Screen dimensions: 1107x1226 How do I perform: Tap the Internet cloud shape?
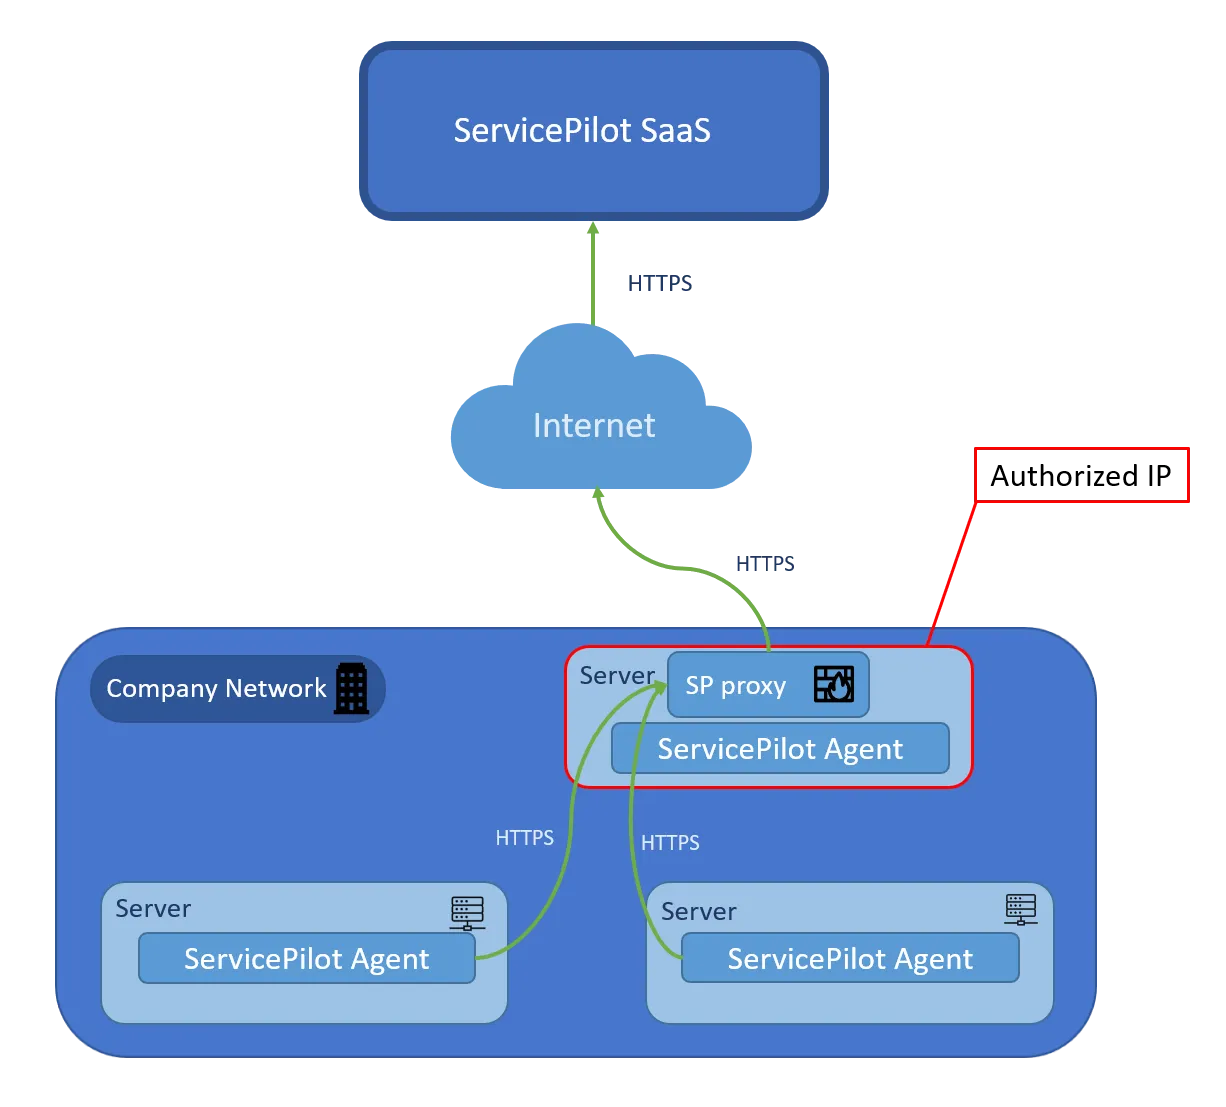(596, 425)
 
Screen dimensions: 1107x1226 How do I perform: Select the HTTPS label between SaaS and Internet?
(659, 284)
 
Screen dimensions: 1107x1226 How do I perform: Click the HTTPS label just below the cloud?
(767, 564)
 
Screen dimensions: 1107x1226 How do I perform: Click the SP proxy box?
(737, 686)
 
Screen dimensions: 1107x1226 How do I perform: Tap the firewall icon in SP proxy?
(833, 684)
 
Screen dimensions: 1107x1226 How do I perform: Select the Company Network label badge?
(217, 689)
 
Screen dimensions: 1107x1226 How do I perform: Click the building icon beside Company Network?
(351, 689)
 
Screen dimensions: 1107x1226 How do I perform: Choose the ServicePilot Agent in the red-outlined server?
(780, 749)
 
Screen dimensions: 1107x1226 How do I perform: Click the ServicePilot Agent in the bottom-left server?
(306, 959)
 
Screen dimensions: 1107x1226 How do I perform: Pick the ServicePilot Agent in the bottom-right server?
(850, 959)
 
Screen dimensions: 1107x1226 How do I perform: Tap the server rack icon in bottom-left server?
(467, 912)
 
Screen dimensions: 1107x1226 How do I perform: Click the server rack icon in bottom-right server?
(1021, 909)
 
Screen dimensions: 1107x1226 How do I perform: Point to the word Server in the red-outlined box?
(617, 676)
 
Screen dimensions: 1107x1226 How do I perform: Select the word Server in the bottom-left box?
(153, 908)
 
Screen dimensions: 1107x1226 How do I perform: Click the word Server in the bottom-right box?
(699, 911)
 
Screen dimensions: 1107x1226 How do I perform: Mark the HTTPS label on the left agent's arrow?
(524, 838)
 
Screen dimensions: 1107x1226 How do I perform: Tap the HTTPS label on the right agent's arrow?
(670, 843)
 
